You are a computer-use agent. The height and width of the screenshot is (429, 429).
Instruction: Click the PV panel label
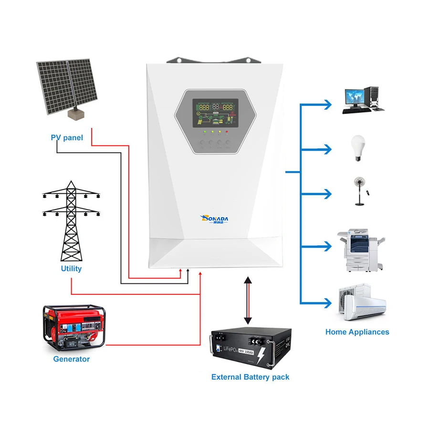[67, 138]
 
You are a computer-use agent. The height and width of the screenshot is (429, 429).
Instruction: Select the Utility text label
[71, 269]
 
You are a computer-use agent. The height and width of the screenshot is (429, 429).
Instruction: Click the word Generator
[71, 359]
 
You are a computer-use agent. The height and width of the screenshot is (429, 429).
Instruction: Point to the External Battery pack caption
[250, 377]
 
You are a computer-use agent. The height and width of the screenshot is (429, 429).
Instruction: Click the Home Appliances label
[357, 332]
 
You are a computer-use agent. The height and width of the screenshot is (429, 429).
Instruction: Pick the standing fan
[358, 191]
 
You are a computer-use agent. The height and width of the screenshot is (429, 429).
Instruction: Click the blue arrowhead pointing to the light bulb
[326, 149]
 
